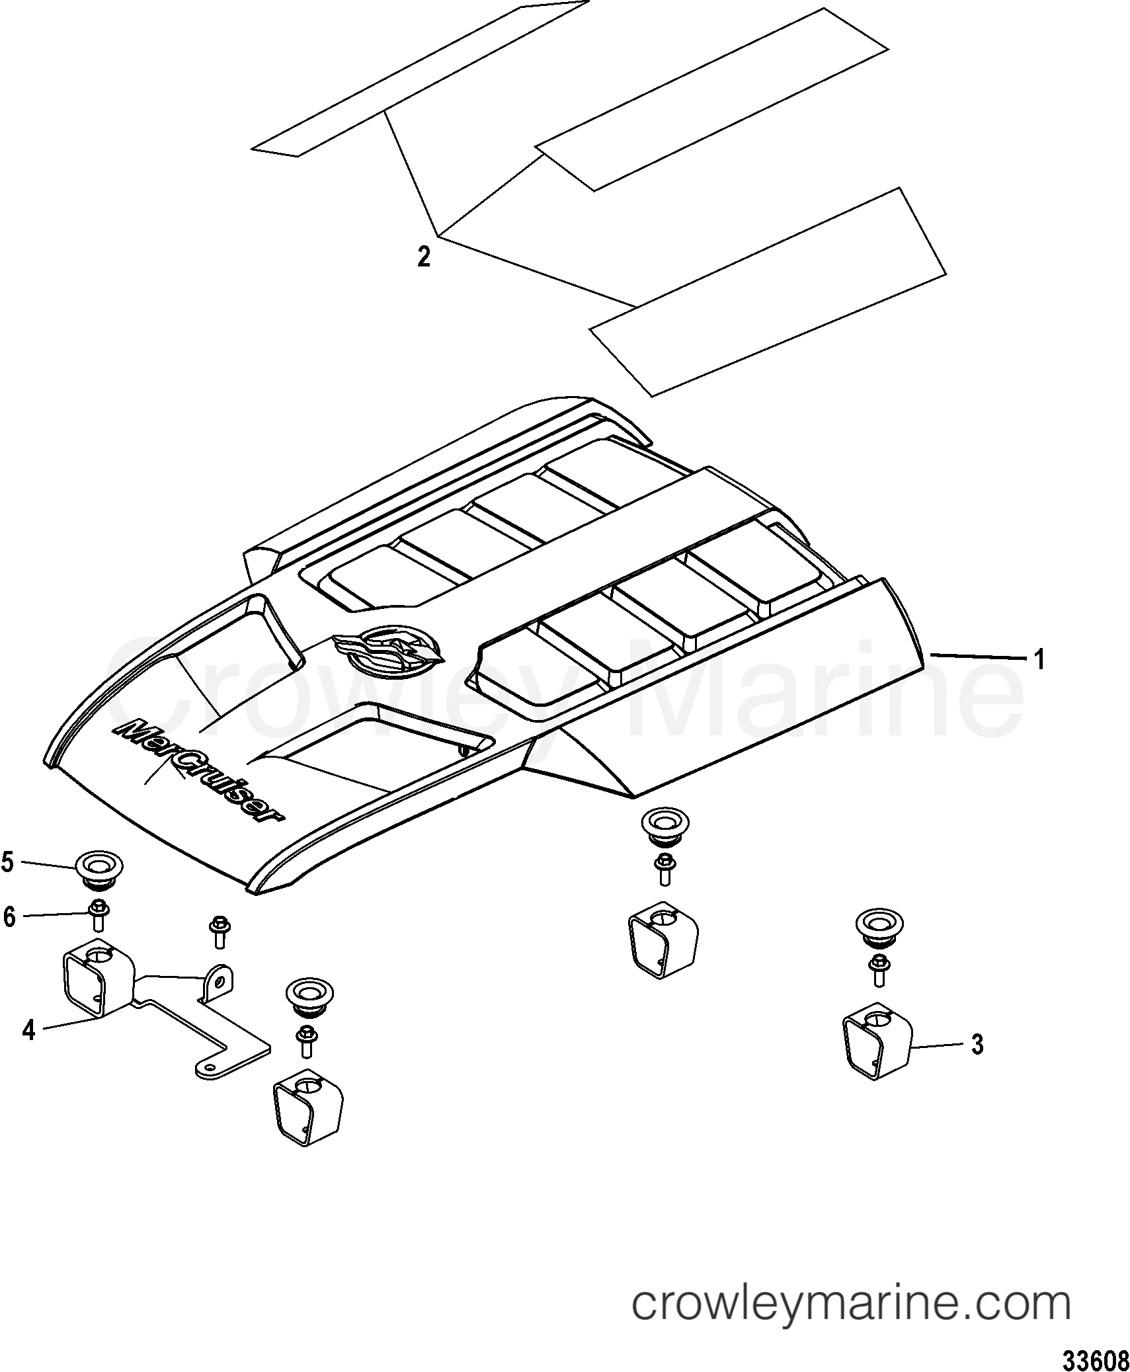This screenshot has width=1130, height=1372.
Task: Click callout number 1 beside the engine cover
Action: point(1039,659)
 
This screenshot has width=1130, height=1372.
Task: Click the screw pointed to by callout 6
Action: point(99,916)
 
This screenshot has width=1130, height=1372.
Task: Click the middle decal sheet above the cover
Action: point(711,99)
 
